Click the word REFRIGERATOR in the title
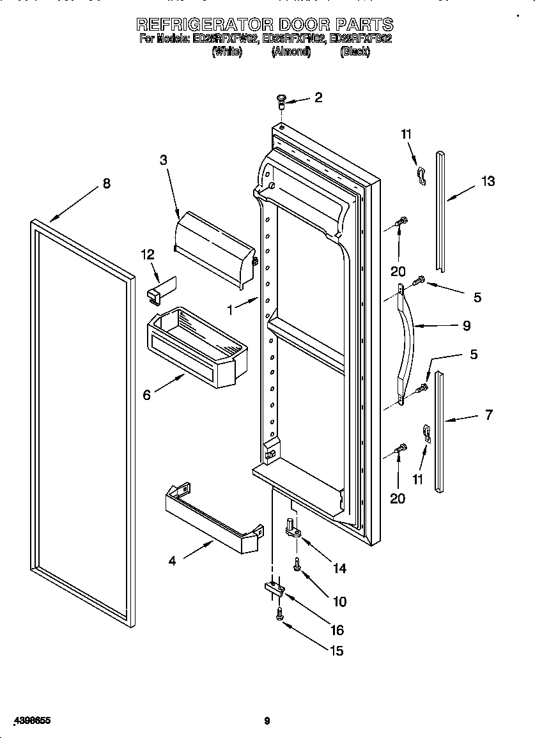point(205,24)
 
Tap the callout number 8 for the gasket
point(106,183)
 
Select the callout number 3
point(164,160)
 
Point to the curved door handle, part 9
point(407,345)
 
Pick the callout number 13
point(488,181)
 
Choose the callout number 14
point(339,568)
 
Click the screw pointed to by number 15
point(279,615)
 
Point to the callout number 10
point(339,601)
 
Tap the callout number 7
point(488,415)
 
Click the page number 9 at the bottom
point(267,721)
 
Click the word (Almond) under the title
point(291,52)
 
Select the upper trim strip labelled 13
point(440,211)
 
